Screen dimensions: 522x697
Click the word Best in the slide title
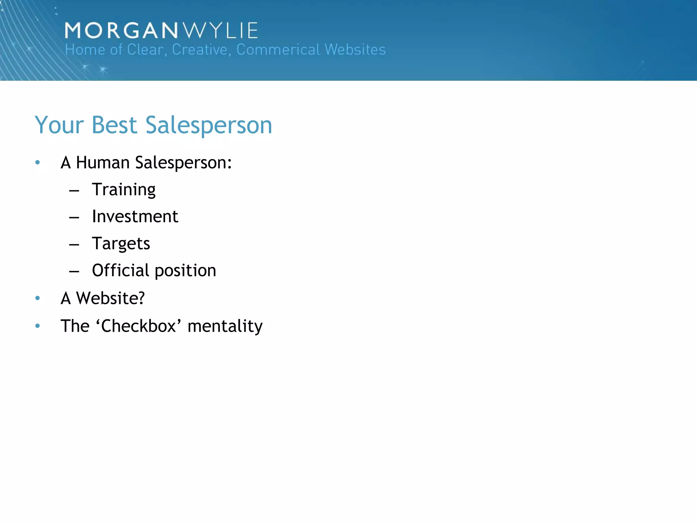tap(114, 125)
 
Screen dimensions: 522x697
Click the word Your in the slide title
tap(59, 125)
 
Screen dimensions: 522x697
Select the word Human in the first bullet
tap(102, 162)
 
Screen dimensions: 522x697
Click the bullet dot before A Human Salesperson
tap(37, 162)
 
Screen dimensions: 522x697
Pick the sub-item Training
tap(124, 190)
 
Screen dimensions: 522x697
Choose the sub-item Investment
tap(135, 216)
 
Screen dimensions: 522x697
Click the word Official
tap(120, 271)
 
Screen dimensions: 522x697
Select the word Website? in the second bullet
tap(111, 298)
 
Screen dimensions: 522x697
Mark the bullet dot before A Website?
tap(37, 298)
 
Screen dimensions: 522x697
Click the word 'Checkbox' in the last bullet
tap(139, 326)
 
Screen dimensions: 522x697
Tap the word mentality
tap(225, 326)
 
